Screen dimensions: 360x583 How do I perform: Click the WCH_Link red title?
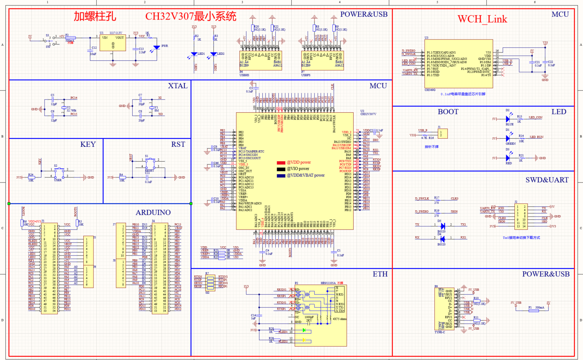point(482,19)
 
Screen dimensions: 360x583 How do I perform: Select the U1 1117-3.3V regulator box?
point(113,42)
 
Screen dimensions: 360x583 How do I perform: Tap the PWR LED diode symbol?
point(157,47)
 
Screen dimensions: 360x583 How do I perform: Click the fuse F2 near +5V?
point(70,38)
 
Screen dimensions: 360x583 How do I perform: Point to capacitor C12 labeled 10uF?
point(90,50)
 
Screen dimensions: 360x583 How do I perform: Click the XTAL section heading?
point(178,86)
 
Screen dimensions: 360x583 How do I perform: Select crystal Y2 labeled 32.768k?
point(64,108)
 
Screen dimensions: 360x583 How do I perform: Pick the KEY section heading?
point(88,145)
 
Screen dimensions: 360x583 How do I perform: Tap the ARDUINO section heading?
point(153,213)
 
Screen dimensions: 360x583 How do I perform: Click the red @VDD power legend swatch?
point(281,163)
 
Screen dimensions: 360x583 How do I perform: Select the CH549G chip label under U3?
point(430,90)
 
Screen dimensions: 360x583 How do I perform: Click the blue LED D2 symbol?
point(508,119)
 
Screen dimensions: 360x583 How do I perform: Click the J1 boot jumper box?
point(442,134)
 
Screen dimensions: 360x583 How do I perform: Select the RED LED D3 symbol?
point(508,158)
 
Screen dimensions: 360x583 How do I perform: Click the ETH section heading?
point(380,274)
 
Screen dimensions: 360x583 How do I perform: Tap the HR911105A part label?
point(328,283)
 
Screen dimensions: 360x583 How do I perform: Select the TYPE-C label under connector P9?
point(440,332)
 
